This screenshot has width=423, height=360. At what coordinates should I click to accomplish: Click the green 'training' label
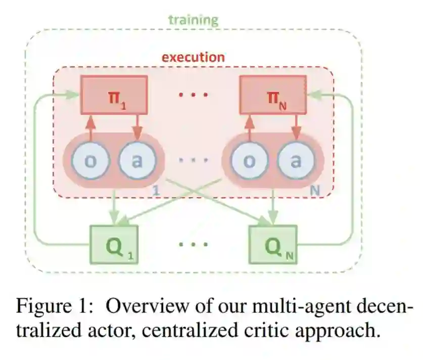pyautogui.click(x=193, y=20)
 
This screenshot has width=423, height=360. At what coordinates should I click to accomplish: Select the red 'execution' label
pyautogui.click(x=193, y=57)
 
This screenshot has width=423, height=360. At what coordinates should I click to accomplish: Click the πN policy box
pyautogui.click(x=272, y=94)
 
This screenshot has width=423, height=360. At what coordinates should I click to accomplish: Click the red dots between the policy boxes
pyautogui.click(x=193, y=95)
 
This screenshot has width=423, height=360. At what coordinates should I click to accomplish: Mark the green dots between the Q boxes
pyautogui.click(x=193, y=244)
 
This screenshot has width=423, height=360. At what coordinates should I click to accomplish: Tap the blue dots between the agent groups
pyautogui.click(x=193, y=160)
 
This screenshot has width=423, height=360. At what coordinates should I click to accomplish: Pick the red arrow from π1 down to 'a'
pyautogui.click(x=137, y=126)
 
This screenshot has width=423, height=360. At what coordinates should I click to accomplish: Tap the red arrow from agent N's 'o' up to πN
pyautogui.click(x=249, y=126)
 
